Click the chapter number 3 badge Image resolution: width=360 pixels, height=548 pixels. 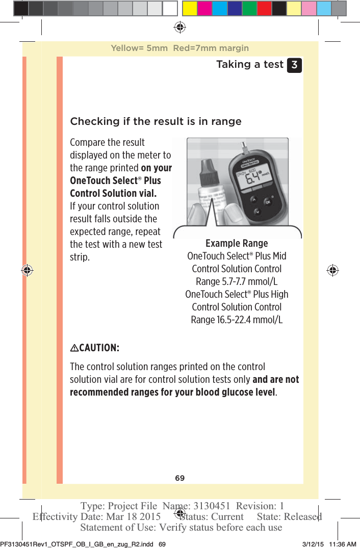coord(294,66)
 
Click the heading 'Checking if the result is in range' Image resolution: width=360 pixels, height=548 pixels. coord(156,121)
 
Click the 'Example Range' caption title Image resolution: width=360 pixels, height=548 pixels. coord(237,243)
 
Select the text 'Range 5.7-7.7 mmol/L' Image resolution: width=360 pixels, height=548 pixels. coord(237,281)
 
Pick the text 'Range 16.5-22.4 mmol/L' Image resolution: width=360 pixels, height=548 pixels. coord(237,320)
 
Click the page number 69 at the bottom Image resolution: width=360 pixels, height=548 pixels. coord(179,478)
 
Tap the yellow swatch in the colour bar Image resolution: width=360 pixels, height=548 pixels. coord(190,8)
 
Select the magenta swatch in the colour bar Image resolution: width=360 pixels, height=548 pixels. coord(204,8)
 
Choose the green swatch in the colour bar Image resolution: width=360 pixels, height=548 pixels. coord(249,8)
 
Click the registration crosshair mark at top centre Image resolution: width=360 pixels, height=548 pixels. coord(179,27)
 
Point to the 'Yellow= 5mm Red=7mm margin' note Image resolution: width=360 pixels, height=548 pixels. coord(179,48)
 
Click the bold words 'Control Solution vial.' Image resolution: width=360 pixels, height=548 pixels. coord(113,193)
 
